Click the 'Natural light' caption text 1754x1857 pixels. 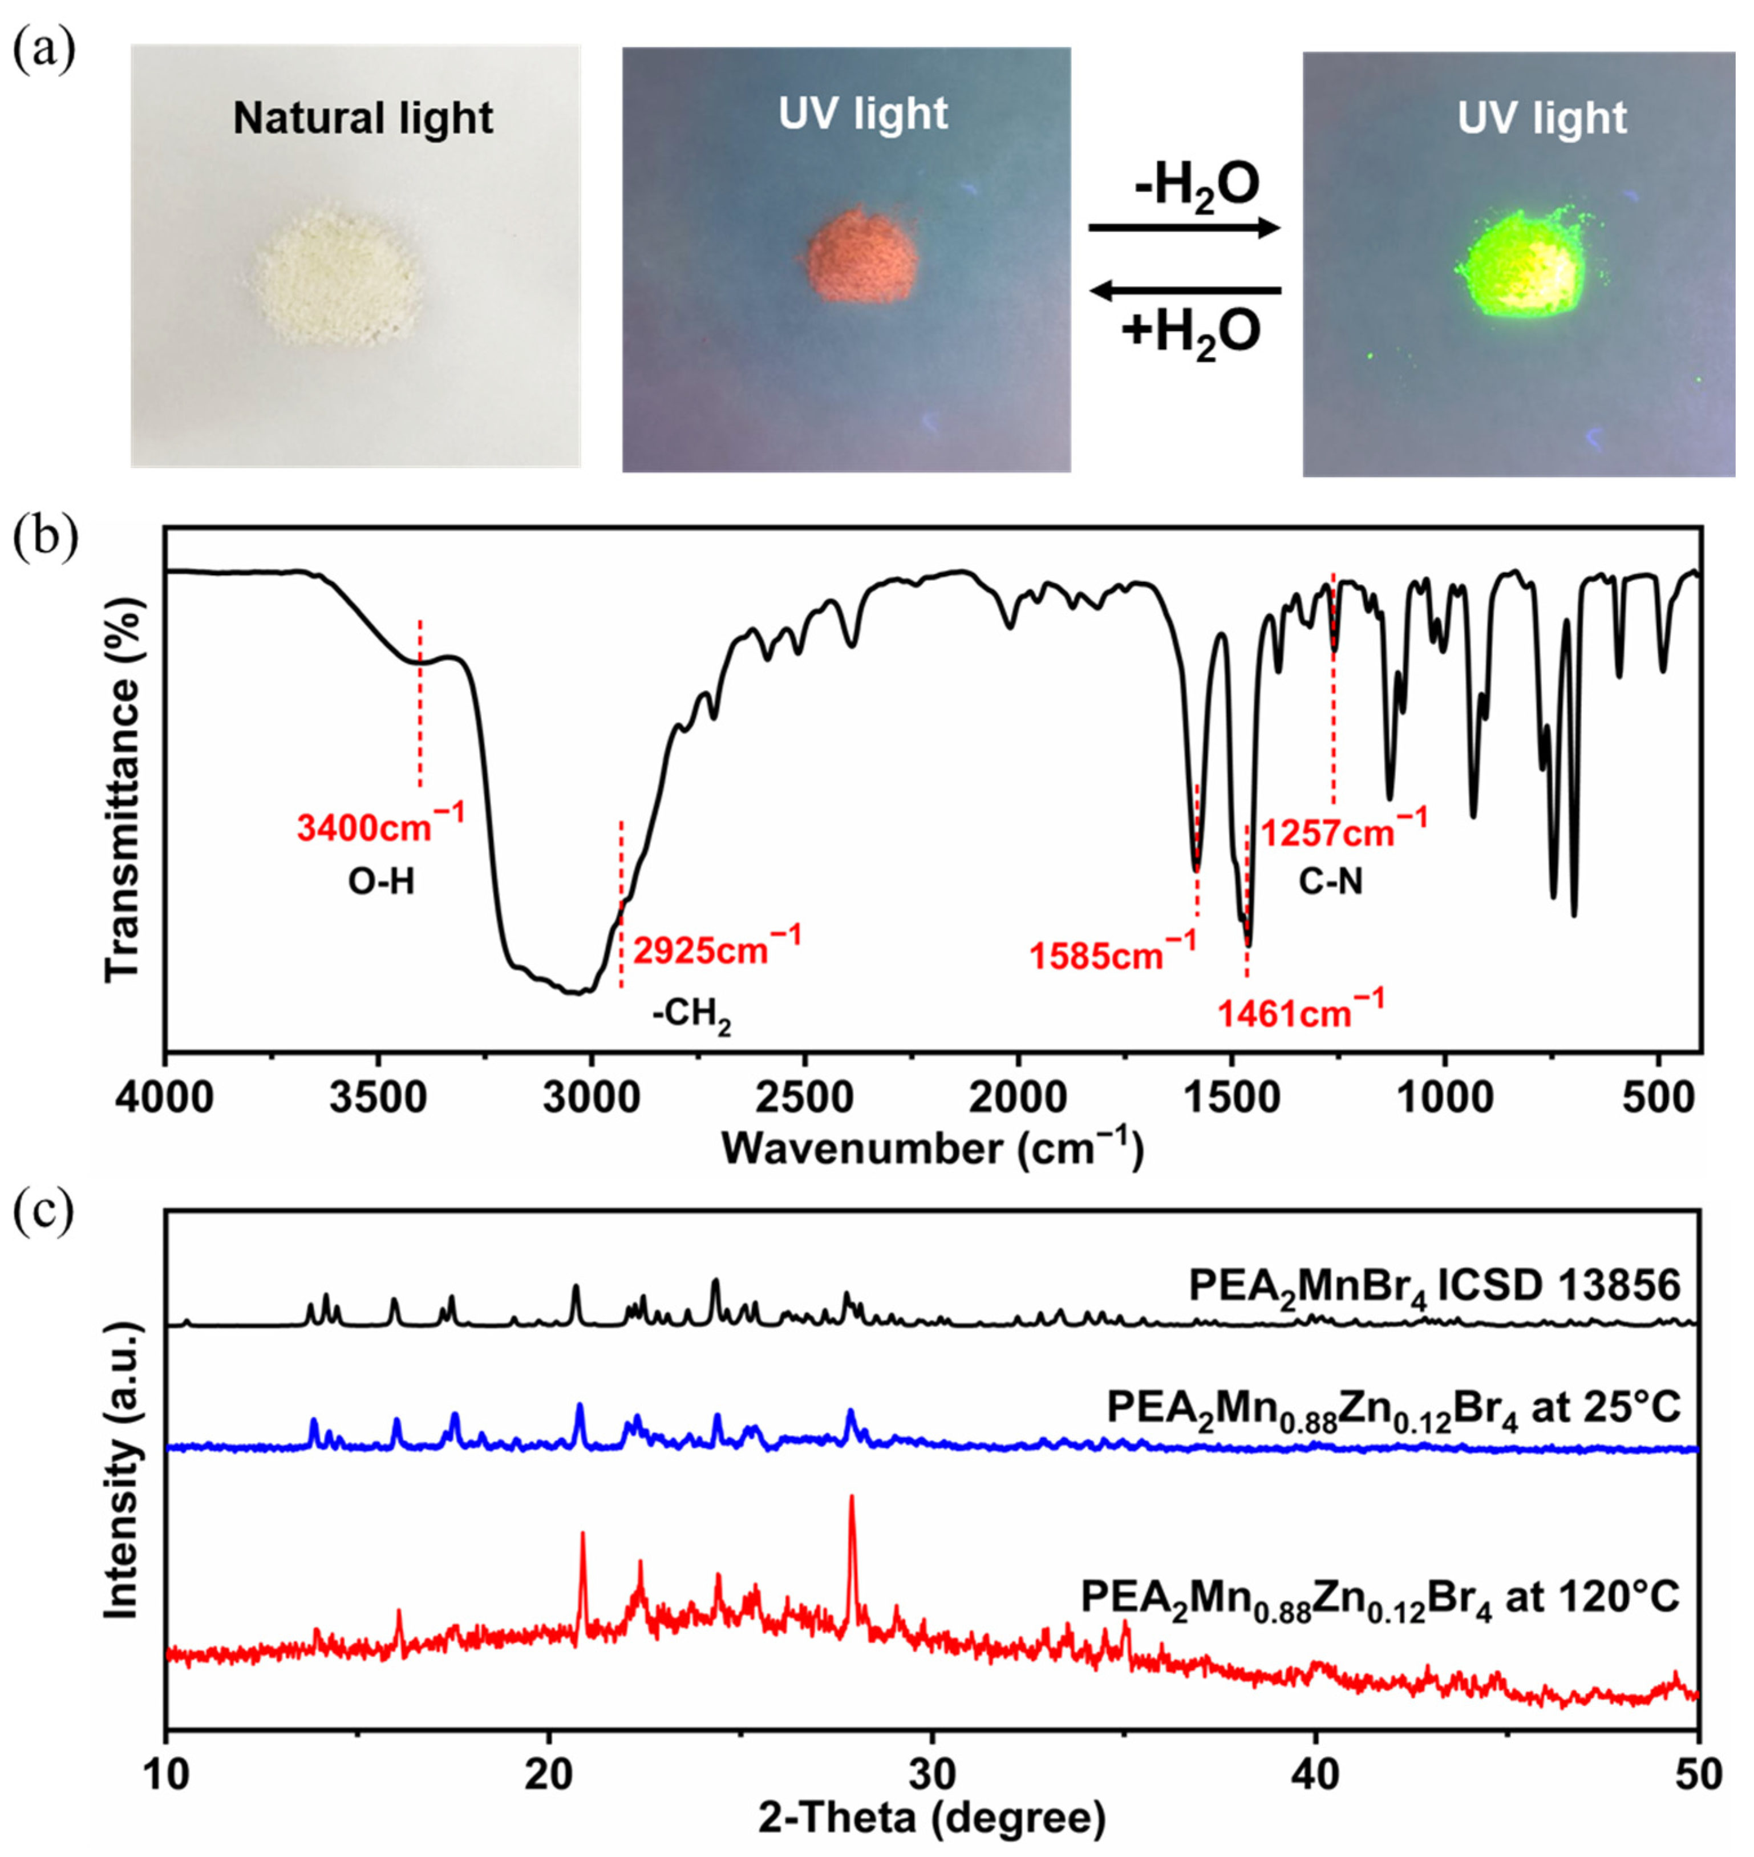coord(363,119)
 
